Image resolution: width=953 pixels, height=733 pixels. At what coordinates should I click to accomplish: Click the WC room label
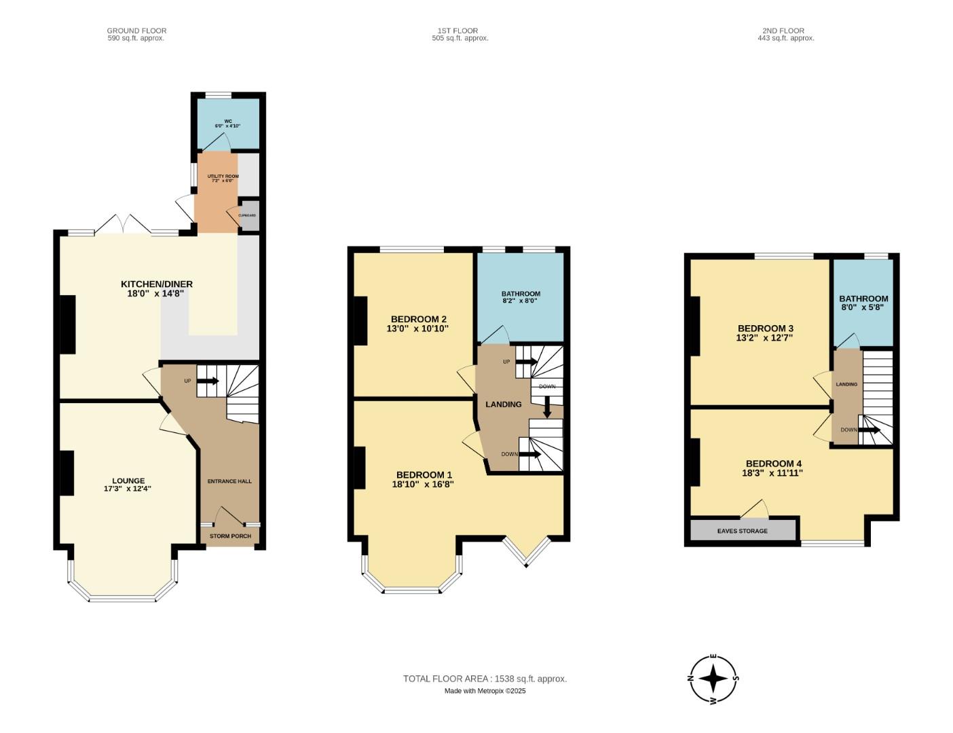point(227,121)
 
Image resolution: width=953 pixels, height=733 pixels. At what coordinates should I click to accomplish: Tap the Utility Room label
point(223,176)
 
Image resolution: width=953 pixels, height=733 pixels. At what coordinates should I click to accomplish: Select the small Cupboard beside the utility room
point(248,215)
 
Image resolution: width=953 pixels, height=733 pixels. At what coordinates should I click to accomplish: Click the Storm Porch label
point(230,536)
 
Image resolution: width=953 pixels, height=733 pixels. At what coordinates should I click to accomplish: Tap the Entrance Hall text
point(229,481)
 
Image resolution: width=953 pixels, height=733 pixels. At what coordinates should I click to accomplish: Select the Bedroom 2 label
point(418,319)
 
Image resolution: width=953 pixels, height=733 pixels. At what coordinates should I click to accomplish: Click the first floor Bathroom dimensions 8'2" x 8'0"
point(520,301)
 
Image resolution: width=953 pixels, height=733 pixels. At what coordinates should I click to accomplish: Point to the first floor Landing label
point(503,405)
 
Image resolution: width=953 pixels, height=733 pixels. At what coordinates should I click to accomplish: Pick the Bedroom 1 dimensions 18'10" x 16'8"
point(423,485)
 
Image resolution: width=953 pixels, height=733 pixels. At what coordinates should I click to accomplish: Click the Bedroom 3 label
point(765,328)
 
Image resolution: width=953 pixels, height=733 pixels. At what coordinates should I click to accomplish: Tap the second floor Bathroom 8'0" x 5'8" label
point(863,303)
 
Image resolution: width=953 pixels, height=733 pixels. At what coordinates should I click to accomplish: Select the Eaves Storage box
point(743,530)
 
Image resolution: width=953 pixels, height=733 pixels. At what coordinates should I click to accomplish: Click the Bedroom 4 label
point(773,464)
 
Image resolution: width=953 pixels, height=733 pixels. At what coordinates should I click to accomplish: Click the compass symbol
point(713,678)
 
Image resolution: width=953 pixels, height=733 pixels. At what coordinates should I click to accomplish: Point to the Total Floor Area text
point(485,679)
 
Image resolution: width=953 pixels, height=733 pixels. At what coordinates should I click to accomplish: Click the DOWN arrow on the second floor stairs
point(870,430)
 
